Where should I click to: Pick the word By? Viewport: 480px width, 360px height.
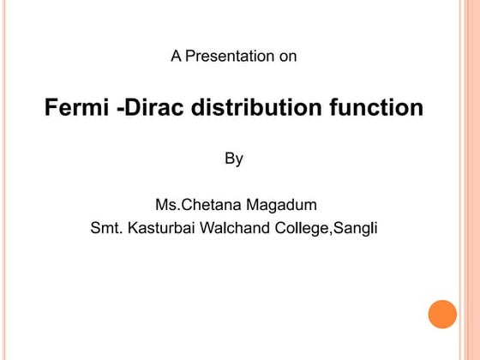pos(234,159)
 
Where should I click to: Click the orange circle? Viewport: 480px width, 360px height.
pos(443,313)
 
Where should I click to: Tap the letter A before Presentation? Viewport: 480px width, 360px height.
pos(176,57)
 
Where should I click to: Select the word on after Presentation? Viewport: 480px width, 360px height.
pos(288,57)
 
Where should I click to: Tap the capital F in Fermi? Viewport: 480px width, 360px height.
pos(51,110)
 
